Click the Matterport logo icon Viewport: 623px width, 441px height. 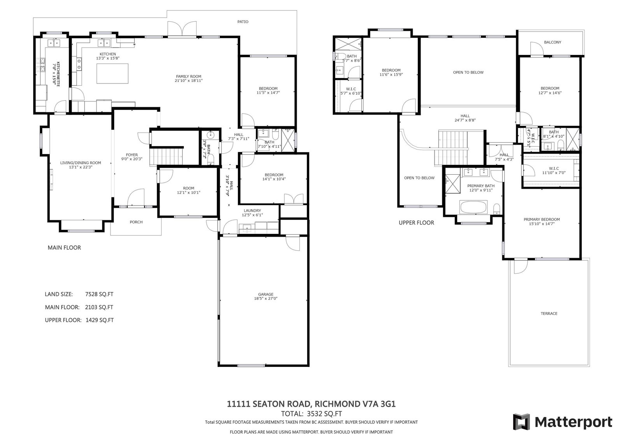coord(521,422)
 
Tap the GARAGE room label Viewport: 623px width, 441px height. coord(266,294)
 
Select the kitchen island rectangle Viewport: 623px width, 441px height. coord(113,74)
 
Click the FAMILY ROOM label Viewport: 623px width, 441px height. coord(188,76)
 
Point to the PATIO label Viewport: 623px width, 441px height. coord(243,22)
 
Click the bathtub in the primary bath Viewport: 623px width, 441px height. coord(473,207)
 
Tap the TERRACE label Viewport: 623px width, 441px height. coord(549,313)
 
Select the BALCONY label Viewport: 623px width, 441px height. coord(553,43)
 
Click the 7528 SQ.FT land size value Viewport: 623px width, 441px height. coord(99,294)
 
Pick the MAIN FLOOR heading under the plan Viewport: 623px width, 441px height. coord(64,248)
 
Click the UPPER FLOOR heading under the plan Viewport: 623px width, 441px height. coord(416,223)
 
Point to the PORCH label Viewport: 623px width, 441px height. coord(136,222)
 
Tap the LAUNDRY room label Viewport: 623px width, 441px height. coord(252,211)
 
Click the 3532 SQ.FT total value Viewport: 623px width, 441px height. coord(324,414)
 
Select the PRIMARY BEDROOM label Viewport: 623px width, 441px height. coord(542,219)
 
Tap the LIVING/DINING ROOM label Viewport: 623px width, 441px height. coord(80,163)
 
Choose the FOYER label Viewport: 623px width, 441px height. coord(132,155)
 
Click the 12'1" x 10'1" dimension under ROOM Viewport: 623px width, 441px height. coord(188,193)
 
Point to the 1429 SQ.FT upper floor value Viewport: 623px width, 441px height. coord(99,320)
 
